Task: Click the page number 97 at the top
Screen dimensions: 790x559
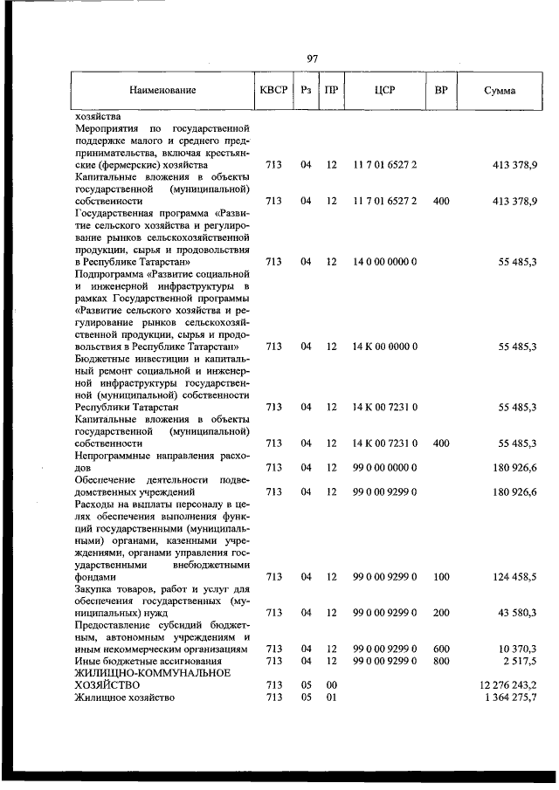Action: click(x=312, y=58)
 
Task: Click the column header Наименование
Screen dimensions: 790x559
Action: click(x=162, y=90)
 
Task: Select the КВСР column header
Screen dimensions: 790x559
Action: click(x=273, y=90)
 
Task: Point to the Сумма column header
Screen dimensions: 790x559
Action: click(x=499, y=90)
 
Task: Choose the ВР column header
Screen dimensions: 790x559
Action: click(x=441, y=90)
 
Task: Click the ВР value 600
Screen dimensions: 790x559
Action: click(x=441, y=649)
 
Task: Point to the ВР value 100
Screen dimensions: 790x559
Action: click(x=441, y=576)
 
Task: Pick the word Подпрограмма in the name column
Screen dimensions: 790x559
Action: click(x=110, y=273)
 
